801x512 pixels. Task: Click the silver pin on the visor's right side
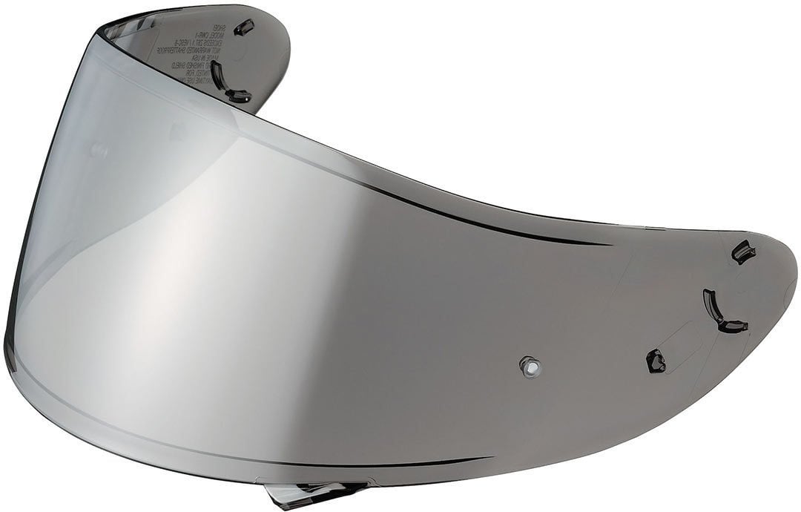[530, 366]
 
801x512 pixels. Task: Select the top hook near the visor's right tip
[743, 252]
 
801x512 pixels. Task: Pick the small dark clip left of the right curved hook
[656, 361]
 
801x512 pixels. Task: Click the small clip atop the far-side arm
[244, 27]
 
